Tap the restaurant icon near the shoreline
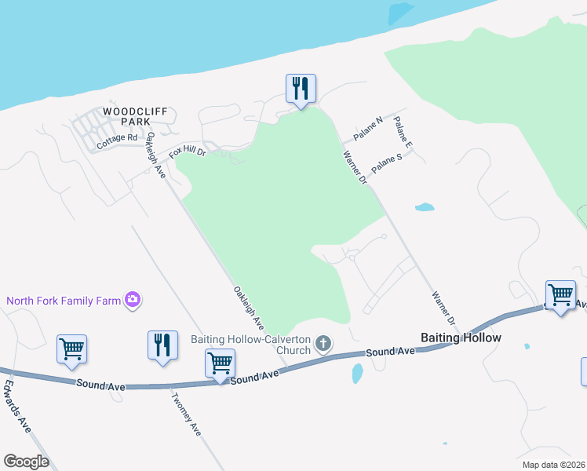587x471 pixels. (300, 89)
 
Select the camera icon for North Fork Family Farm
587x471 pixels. (133, 299)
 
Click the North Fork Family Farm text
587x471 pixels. (64, 300)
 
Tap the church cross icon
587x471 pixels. (323, 343)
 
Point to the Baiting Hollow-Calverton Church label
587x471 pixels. (251, 345)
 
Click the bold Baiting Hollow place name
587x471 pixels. (461, 338)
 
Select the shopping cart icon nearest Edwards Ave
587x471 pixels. (71, 350)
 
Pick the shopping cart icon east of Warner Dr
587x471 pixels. (560, 296)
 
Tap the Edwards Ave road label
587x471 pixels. (16, 407)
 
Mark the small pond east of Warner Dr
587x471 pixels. (425, 208)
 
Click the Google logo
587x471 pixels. (26, 462)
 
